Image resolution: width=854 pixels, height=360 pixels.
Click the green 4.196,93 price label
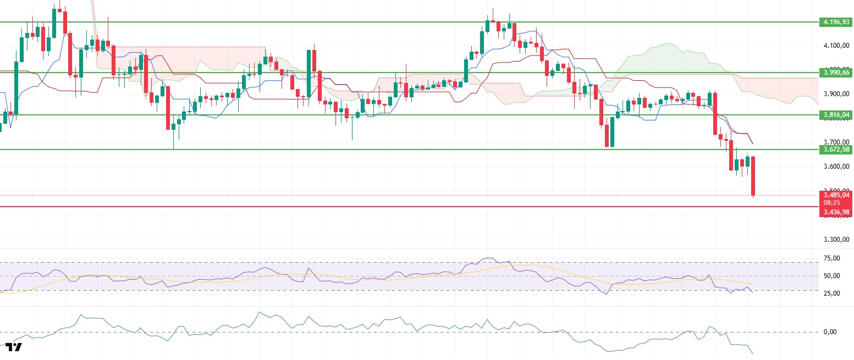coord(835,22)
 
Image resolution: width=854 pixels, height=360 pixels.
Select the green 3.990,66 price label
coord(835,72)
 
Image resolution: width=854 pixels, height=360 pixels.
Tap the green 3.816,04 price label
coord(835,115)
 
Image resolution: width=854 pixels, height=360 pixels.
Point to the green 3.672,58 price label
coord(835,149)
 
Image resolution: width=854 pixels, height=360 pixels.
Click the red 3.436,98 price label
coord(835,212)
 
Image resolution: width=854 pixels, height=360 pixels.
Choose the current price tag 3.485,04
coord(835,195)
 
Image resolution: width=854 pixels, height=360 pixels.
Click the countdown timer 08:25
coord(835,203)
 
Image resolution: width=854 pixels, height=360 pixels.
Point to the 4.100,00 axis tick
coord(835,46)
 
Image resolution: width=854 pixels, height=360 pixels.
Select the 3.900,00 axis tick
coord(835,94)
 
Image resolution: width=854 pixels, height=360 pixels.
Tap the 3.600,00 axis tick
coord(835,167)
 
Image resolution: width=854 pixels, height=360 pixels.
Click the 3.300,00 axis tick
coord(835,240)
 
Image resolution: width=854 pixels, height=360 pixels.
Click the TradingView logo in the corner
coord(14,347)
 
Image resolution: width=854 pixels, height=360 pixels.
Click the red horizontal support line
coord(385,207)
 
